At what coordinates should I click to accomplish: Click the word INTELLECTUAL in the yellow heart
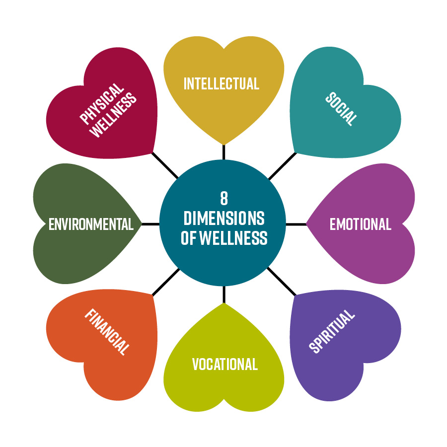222,83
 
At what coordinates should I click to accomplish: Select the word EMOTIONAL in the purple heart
360,224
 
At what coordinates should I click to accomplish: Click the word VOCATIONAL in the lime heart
225,365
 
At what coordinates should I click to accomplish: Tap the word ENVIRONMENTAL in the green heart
91,224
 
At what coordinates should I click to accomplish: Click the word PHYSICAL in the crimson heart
101,104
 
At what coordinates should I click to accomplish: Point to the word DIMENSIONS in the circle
224,218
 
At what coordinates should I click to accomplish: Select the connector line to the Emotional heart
296,224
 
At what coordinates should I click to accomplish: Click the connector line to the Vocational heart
224,294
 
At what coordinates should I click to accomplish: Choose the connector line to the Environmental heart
150,224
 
